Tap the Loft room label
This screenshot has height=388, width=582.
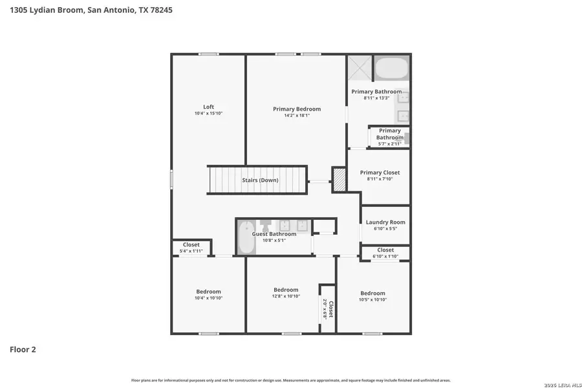point(208,107)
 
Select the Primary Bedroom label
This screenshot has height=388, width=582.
point(296,109)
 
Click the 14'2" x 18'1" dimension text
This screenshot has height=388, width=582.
point(296,116)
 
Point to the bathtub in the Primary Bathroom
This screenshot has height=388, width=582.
point(391,69)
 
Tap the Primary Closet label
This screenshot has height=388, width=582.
point(380,173)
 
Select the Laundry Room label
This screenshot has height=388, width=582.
point(385,222)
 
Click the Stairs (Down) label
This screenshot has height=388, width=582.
point(260,180)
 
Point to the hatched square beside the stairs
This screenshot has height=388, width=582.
point(339,180)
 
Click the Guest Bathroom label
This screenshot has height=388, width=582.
point(274,233)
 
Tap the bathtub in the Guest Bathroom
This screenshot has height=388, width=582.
point(246,238)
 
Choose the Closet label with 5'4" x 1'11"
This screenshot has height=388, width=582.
point(191,244)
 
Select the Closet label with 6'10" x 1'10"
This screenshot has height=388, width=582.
point(385,250)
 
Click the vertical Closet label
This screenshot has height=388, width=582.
point(330,309)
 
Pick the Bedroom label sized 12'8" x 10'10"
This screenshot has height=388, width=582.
point(286,290)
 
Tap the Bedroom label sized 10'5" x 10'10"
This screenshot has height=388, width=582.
point(372,293)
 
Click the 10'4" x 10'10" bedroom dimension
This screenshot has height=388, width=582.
point(208,298)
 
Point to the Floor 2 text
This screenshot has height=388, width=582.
point(23,349)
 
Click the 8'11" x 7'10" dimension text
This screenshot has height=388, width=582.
point(380,179)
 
